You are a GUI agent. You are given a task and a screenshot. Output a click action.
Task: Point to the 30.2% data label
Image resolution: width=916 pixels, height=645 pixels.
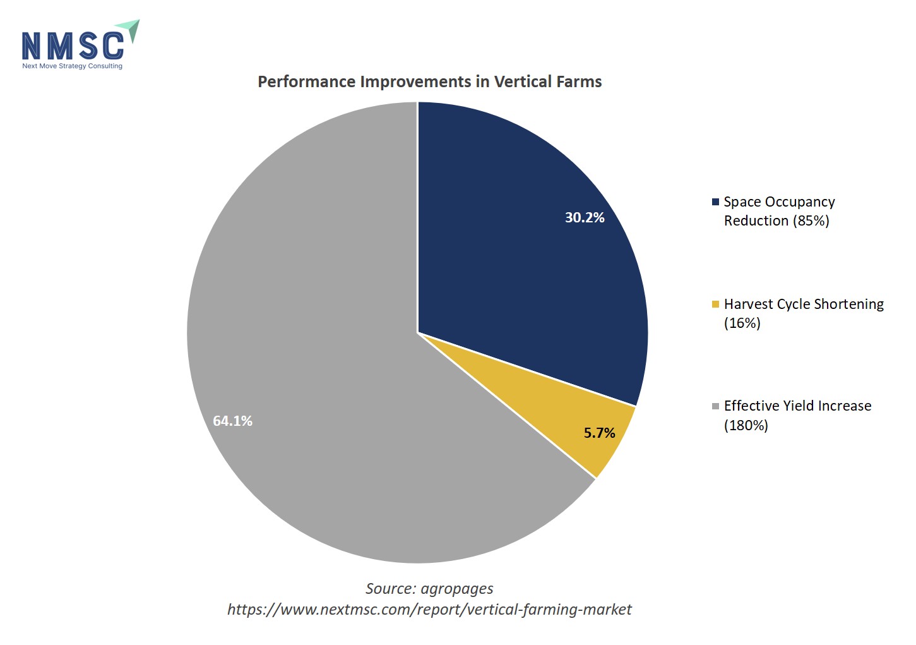point(585,218)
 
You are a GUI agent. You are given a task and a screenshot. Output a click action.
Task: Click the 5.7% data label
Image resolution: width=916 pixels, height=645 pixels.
point(599,433)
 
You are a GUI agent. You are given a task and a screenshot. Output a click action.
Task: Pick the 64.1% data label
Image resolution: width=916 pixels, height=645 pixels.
point(232,421)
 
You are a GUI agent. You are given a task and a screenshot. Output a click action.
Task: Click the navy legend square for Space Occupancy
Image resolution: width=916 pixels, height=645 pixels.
point(715,202)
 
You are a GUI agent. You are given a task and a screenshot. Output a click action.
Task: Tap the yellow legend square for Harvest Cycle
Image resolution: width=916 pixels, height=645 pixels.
point(715,304)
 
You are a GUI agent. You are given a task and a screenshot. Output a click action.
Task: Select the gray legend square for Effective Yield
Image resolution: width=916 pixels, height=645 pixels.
point(715,406)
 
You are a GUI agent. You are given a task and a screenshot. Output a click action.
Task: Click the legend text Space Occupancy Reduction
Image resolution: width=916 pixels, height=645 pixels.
point(779,211)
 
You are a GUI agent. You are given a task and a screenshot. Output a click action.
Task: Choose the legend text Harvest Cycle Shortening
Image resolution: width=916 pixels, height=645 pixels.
point(803,304)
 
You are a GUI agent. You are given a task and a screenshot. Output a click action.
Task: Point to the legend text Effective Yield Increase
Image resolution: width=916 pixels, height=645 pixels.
point(797,406)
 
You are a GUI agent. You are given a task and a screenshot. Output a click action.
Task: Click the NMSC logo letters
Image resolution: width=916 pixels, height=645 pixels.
point(73,45)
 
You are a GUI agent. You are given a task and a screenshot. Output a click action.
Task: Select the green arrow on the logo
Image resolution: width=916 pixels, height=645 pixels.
point(129,29)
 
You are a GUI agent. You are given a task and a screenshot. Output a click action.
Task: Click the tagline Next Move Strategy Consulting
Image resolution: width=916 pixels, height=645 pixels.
point(72,66)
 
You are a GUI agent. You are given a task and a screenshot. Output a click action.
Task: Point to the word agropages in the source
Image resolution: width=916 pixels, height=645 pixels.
point(457,589)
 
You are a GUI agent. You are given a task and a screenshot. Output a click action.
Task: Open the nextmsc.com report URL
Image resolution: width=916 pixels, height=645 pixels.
point(429,610)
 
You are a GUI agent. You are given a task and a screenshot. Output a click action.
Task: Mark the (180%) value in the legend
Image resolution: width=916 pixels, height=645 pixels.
point(746,426)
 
